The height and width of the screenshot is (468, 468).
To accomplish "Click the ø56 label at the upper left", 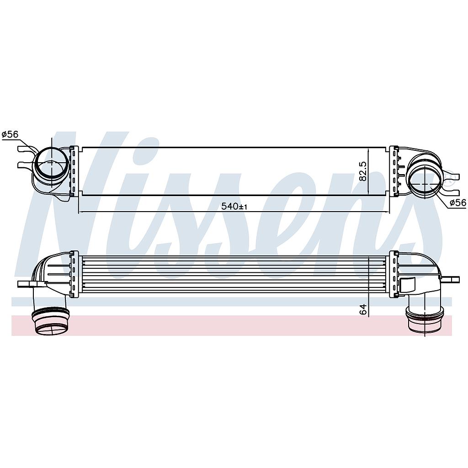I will [x=10, y=134].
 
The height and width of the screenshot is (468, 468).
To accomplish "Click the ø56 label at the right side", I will [x=457, y=203].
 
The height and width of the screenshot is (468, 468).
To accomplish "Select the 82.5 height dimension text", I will [x=363, y=171].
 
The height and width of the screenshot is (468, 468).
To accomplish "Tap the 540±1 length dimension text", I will [x=234, y=207].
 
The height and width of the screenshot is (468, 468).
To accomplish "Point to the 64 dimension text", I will [x=363, y=309].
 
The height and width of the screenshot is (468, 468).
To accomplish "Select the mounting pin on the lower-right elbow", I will [x=452, y=278].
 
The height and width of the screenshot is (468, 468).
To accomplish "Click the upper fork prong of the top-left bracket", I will [x=23, y=149].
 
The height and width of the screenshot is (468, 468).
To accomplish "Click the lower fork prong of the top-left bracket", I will [x=23, y=165].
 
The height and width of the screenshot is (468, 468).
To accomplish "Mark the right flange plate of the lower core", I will [x=394, y=274].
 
